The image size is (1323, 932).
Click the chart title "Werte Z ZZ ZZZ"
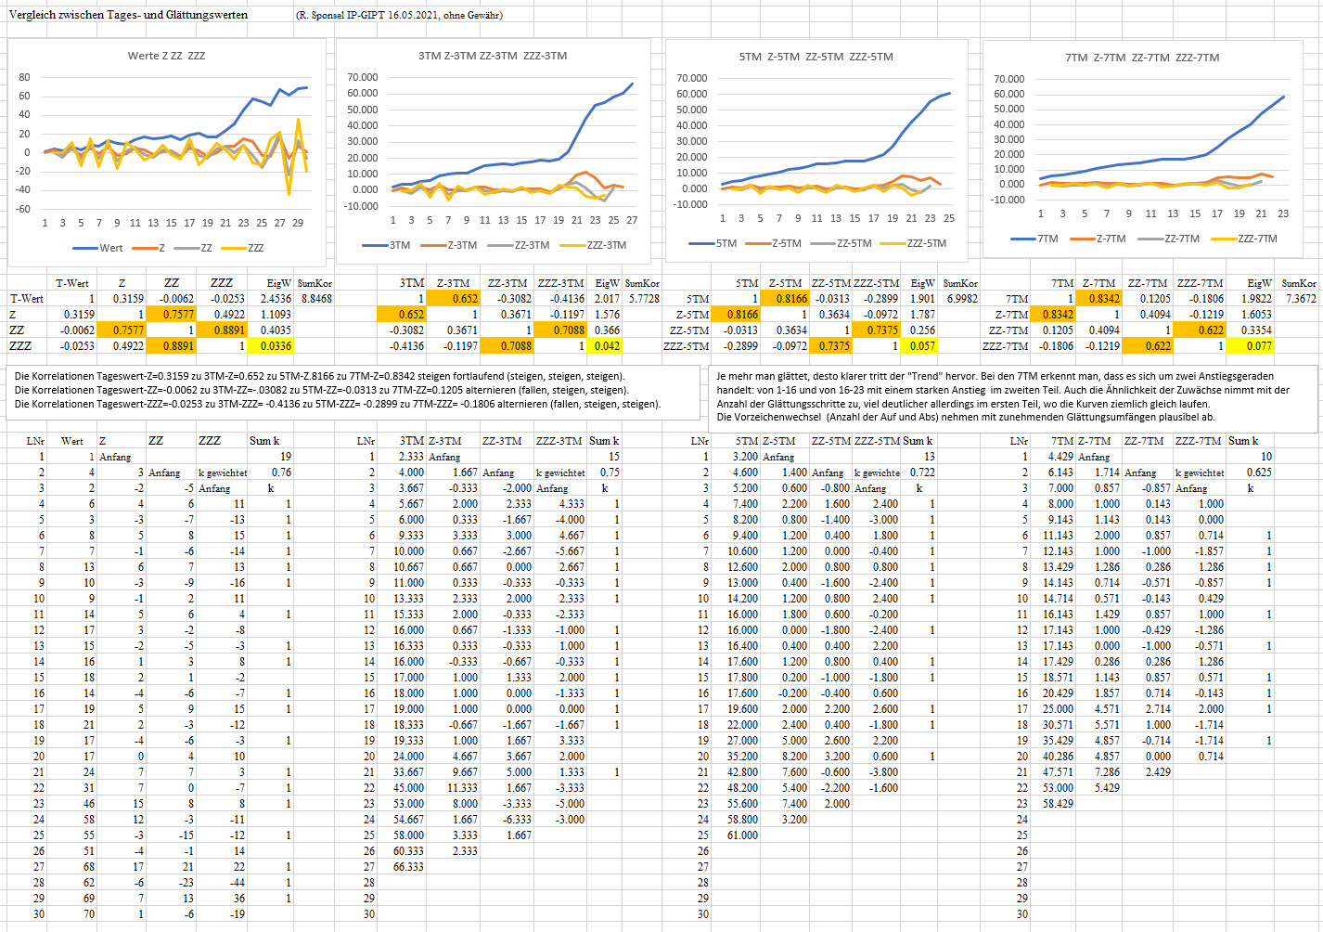click(166, 56)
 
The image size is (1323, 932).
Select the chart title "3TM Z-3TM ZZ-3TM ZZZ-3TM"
click(492, 56)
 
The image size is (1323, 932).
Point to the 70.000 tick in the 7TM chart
click(1008, 79)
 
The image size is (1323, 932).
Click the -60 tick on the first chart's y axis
click(23, 209)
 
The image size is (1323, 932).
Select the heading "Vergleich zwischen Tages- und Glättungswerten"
click(128, 15)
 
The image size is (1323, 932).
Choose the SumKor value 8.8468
click(315, 299)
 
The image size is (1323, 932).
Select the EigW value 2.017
click(607, 299)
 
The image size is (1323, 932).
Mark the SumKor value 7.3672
click(1300, 299)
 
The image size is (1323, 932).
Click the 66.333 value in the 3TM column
click(408, 866)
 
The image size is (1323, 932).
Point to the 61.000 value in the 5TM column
click(742, 835)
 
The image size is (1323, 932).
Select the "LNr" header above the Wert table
click(35, 441)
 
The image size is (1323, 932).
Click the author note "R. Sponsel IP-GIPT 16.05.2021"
click(371, 15)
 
